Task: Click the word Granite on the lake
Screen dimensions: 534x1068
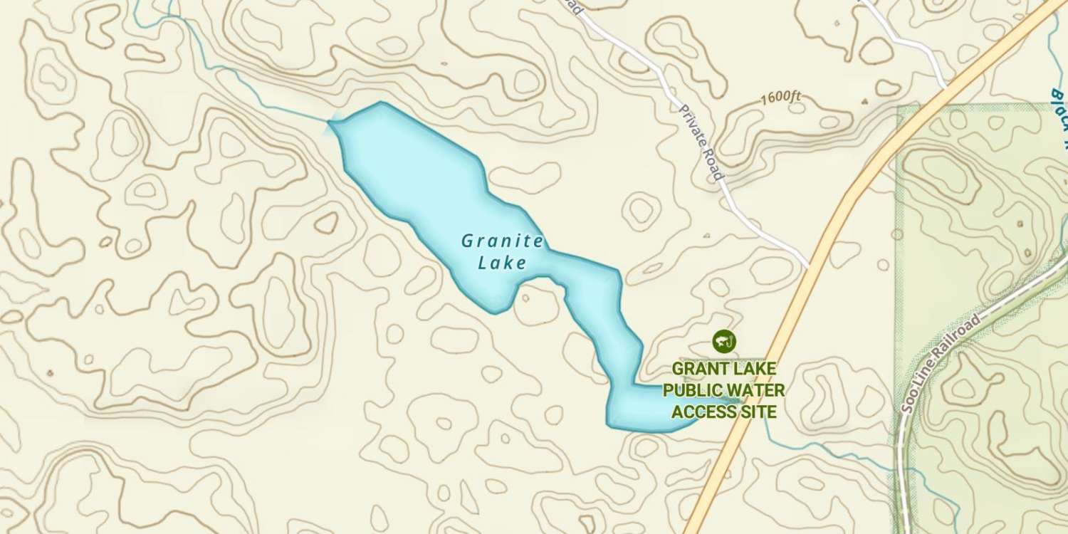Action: [x=502, y=241]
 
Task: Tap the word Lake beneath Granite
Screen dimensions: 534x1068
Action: [x=502, y=263]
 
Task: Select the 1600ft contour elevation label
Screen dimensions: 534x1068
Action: [x=780, y=98]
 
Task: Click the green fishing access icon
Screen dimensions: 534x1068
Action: [x=723, y=341]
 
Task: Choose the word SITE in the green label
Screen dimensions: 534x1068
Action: [x=758, y=412]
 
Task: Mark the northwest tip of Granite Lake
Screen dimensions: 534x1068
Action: [x=330, y=123]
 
